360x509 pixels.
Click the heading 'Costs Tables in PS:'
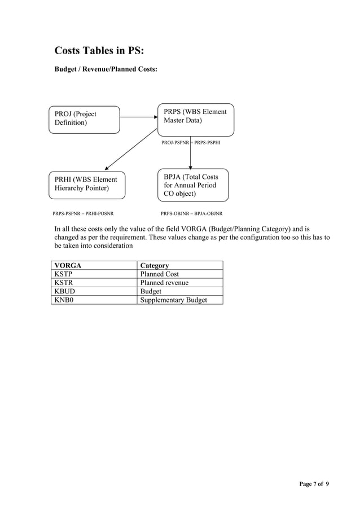(x=99, y=51)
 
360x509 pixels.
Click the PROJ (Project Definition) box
(x=84, y=119)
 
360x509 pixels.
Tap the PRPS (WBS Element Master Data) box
(x=195, y=119)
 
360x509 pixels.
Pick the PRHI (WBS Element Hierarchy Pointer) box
(x=86, y=185)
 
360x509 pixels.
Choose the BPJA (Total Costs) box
(x=193, y=185)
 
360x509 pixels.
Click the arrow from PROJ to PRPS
(x=139, y=118)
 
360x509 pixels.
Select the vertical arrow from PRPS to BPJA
(x=191, y=152)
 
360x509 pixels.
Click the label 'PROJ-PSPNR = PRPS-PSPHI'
(x=191, y=143)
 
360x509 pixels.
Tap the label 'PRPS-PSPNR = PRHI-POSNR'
(x=83, y=214)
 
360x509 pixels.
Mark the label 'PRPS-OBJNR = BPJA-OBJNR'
(x=191, y=214)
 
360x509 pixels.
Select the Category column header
(x=155, y=265)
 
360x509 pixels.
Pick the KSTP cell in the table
(x=63, y=274)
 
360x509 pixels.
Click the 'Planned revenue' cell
(x=164, y=283)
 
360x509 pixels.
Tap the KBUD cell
(x=64, y=291)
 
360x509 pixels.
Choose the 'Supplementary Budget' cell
(x=174, y=300)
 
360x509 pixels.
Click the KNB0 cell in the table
(x=64, y=300)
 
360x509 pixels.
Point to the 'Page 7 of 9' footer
(x=314, y=484)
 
